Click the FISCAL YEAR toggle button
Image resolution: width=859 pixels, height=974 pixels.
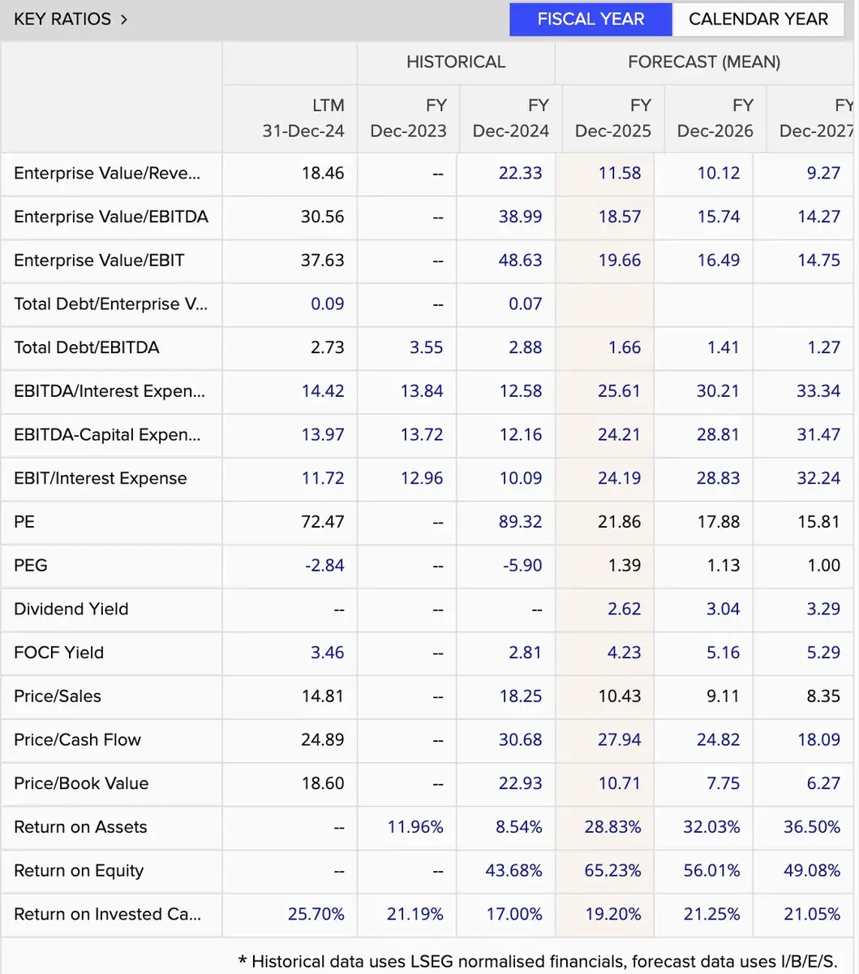pyautogui.click(x=591, y=19)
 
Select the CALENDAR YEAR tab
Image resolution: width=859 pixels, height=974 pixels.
pyautogui.click(x=758, y=19)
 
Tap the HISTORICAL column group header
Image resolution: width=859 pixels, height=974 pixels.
pyautogui.click(x=455, y=62)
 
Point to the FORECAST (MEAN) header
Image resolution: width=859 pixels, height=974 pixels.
pyautogui.click(x=704, y=62)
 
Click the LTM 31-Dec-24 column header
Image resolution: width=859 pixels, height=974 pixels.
pyautogui.click(x=303, y=118)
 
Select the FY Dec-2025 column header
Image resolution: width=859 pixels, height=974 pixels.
pyautogui.click(x=613, y=118)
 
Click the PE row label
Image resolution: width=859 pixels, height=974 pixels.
pyautogui.click(x=24, y=522)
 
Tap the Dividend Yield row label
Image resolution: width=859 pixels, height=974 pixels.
pyautogui.click(x=71, y=609)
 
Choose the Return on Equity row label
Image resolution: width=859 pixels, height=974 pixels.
pyautogui.click(x=79, y=871)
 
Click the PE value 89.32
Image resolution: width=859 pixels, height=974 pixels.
pyautogui.click(x=520, y=522)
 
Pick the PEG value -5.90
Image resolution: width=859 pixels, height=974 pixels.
pyautogui.click(x=522, y=566)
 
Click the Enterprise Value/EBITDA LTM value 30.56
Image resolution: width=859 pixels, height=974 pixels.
pyautogui.click(x=322, y=217)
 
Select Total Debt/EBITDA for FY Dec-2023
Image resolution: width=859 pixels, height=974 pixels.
pyautogui.click(x=426, y=347)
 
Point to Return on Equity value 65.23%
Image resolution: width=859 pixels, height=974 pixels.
pyautogui.click(x=612, y=871)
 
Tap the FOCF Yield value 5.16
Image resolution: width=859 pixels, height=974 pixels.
pyautogui.click(x=723, y=653)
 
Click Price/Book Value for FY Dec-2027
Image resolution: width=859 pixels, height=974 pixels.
pyautogui.click(x=823, y=783)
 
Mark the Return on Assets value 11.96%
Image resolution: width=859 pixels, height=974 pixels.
pyautogui.click(x=415, y=827)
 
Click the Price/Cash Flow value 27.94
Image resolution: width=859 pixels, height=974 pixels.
pyautogui.click(x=619, y=740)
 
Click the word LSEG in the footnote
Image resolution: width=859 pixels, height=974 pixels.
pyautogui.click(x=432, y=962)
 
